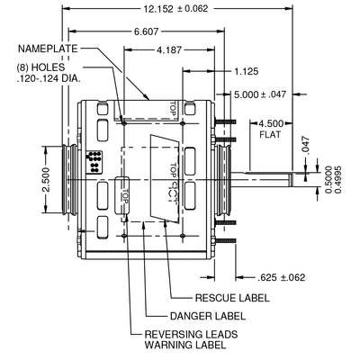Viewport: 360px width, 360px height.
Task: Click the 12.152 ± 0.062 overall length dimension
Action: click(x=175, y=8)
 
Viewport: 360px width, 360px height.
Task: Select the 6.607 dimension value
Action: click(x=146, y=31)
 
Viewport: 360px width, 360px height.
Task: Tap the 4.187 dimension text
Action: click(x=169, y=49)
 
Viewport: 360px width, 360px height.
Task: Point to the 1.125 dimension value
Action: click(x=246, y=71)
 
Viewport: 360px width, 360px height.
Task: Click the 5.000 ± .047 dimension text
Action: click(x=260, y=94)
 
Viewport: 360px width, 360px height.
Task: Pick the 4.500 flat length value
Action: click(x=271, y=123)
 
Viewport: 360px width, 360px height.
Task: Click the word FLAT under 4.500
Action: click(x=270, y=134)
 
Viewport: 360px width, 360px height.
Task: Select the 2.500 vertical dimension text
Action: click(x=46, y=180)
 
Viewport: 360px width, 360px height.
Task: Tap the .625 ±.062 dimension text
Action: click(x=281, y=277)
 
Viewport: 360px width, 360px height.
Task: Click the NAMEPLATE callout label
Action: click(x=48, y=49)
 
